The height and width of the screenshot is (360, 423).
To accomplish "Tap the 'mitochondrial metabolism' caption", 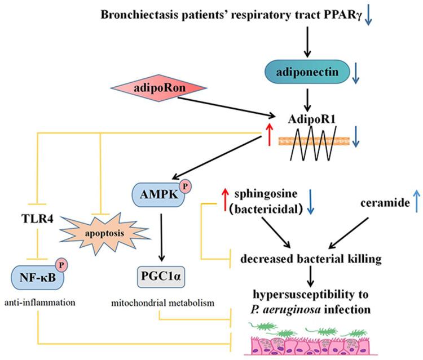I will tap(162, 303).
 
